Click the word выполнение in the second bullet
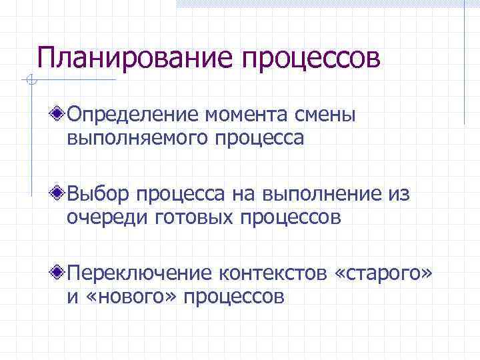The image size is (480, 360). coord(320,195)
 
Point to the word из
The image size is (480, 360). coord(397,195)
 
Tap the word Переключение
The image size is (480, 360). coord(140,273)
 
